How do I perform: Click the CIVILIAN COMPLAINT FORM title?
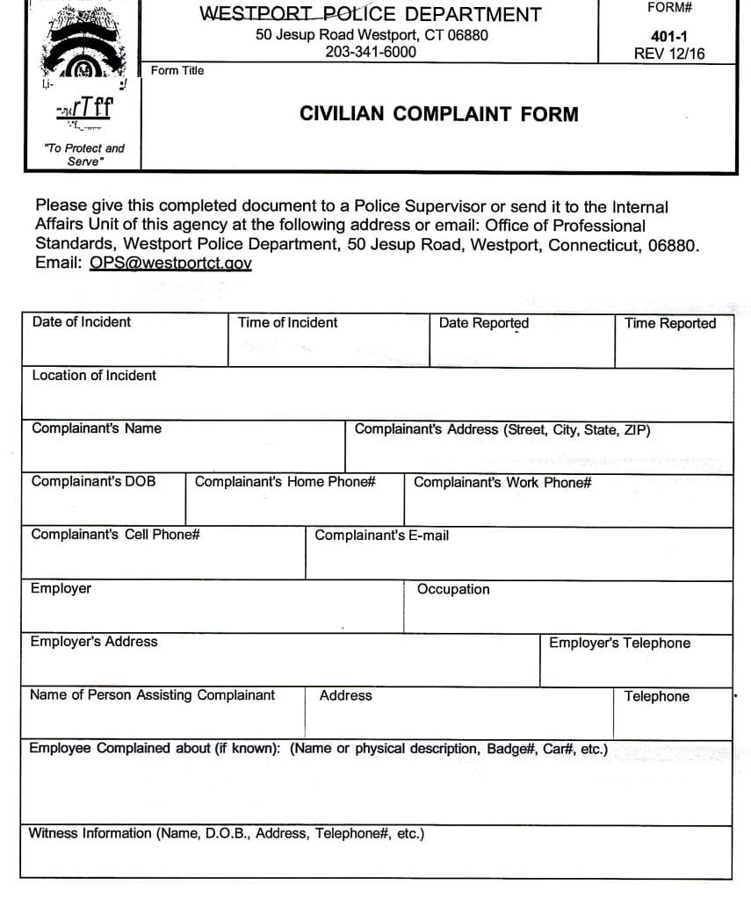[439, 114]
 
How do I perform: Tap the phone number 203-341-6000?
[371, 52]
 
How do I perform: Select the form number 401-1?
[668, 38]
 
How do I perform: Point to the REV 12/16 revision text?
[668, 54]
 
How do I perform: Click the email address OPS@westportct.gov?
[170, 263]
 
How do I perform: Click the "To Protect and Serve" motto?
[84, 155]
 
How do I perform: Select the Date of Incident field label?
[81, 322]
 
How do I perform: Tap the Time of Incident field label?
[287, 323]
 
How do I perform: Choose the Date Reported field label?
[484, 323]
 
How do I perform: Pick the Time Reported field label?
[670, 324]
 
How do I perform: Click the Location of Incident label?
[94, 376]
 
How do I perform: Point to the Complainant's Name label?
[97, 429]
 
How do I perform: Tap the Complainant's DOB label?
[93, 482]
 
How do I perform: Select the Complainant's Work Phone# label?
[502, 483]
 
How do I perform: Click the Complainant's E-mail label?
[381, 536]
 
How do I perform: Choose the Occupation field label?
[453, 589]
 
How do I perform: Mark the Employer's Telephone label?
[619, 644]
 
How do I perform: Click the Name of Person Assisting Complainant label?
[152, 695]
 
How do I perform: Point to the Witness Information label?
[227, 834]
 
